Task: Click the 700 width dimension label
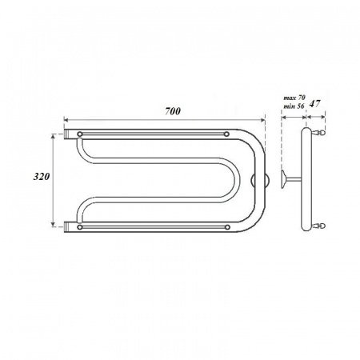(x=173, y=111)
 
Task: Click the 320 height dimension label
(x=42, y=177)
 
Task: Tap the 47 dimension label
(x=314, y=103)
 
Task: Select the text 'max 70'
(x=294, y=98)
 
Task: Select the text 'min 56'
(x=294, y=106)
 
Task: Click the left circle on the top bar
(x=79, y=134)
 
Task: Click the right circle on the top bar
(x=226, y=134)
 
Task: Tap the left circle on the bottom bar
(x=79, y=227)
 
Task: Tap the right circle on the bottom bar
(x=227, y=227)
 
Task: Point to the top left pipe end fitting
(x=67, y=134)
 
